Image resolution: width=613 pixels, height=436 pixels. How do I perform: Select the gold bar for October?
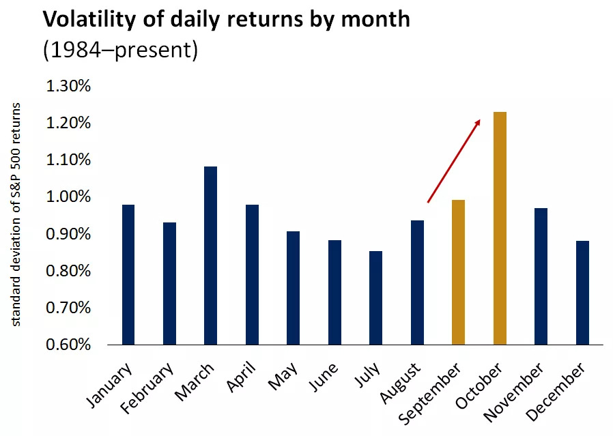pos(500,228)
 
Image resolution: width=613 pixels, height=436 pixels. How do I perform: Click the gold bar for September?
pos(458,272)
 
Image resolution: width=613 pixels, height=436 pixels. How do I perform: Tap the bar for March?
pos(210,255)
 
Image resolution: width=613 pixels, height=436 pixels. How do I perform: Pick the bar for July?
pos(375,297)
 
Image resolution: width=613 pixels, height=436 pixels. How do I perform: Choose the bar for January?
pos(128,274)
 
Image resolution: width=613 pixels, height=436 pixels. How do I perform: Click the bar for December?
pos(582,293)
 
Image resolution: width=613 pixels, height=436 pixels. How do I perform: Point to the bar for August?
pos(417,282)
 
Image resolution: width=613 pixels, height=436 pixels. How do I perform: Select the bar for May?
pos(293,288)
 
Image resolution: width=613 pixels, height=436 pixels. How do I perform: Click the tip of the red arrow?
pos(481,119)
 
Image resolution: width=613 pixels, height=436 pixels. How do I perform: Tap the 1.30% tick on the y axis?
pos(68,87)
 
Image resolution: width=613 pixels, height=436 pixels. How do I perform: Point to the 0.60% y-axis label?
pos(68,345)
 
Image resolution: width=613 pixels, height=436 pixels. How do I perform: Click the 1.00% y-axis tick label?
pos(68,197)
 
